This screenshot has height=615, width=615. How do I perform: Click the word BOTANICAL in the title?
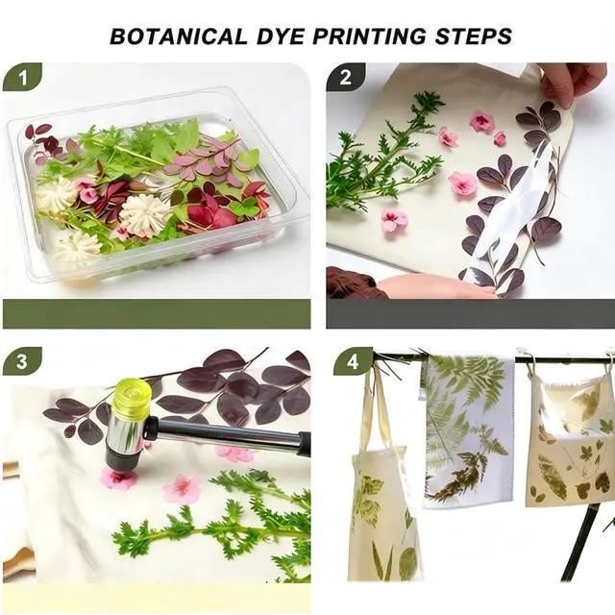[x=179, y=37]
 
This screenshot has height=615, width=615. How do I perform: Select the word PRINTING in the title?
[x=369, y=37]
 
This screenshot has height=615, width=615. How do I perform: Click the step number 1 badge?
[x=22, y=77]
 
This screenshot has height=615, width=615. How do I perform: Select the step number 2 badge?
[x=346, y=77]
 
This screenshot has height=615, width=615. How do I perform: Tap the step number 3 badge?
[x=22, y=361]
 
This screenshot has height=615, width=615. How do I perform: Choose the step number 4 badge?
[x=353, y=361]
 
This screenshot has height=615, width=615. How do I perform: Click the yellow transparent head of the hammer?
[x=133, y=392]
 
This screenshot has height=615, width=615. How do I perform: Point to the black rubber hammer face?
[x=122, y=459]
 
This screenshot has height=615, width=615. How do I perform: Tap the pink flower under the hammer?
[x=117, y=478]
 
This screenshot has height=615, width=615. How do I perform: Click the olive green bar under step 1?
[x=157, y=314]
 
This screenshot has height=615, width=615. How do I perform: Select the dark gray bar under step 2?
[x=470, y=314]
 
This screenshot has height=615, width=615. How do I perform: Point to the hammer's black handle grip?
[x=304, y=444]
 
